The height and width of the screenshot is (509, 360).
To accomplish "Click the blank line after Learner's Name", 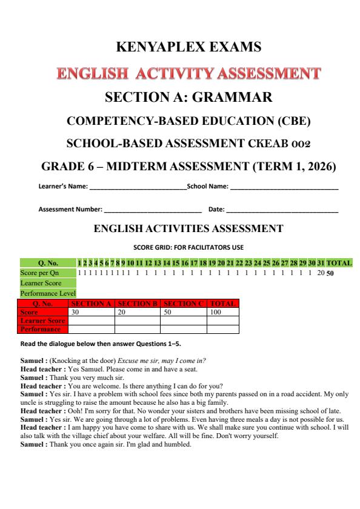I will tap(138, 187).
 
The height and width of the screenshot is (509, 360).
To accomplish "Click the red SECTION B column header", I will tap(138, 303).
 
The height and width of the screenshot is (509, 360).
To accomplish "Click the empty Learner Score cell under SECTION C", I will tap(183, 321).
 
